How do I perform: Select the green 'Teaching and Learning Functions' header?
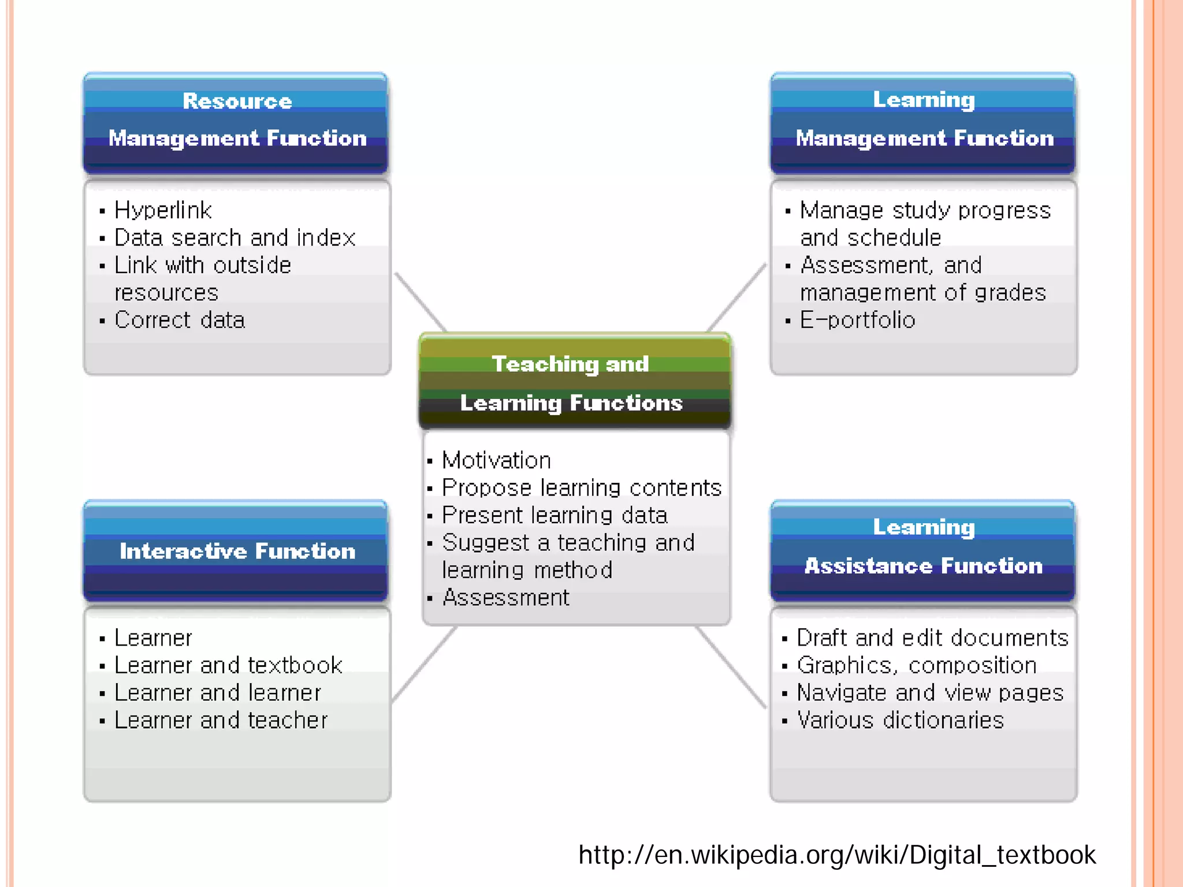tap(574, 382)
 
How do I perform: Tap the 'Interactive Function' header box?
tap(236, 551)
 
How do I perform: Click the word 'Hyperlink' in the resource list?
tap(163, 210)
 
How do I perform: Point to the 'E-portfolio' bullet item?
tap(857, 320)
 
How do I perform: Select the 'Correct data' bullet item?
tap(180, 320)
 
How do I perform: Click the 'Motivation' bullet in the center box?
tap(496, 460)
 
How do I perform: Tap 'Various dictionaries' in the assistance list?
tap(900, 720)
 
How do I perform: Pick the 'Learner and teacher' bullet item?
tap(221, 720)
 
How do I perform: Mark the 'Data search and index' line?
tap(235, 238)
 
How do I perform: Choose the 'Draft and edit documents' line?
tap(932, 638)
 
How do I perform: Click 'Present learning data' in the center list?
tap(555, 515)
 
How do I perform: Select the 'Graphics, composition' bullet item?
tap(917, 665)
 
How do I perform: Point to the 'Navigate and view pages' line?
tap(930, 692)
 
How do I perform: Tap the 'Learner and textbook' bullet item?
tap(228, 665)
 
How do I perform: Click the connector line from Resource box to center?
tap(421, 302)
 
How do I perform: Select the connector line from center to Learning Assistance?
tap(731, 668)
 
